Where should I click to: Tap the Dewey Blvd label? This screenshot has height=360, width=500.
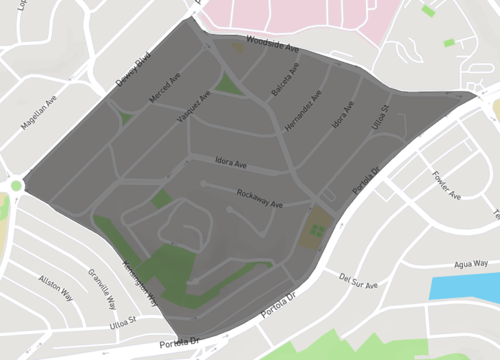tap(132, 67)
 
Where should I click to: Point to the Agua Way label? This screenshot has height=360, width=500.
tap(471, 264)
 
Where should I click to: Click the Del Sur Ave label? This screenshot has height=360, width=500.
tap(358, 283)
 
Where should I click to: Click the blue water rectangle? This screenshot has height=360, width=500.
tap(465, 288)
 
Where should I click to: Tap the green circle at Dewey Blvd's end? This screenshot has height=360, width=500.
tap(16, 185)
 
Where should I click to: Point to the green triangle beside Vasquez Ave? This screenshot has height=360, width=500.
tap(230, 84)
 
